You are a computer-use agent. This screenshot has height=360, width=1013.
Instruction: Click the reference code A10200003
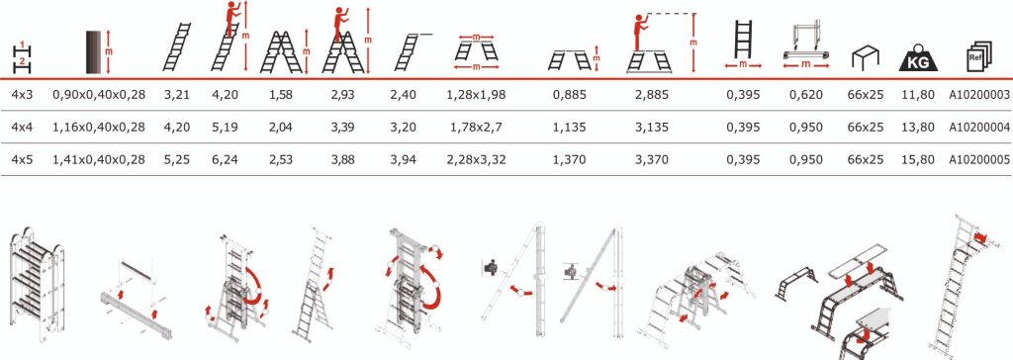979,95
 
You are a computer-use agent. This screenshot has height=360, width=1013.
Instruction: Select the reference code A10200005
979,159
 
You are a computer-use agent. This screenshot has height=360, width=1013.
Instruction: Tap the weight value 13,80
918,128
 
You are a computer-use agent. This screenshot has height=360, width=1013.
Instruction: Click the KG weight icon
918,58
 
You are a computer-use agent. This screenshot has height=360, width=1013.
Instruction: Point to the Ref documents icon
979,57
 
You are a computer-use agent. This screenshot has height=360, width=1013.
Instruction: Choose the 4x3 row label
22,95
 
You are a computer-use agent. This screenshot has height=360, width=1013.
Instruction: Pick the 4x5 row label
22,159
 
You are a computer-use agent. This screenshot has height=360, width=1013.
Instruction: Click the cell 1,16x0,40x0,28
99,128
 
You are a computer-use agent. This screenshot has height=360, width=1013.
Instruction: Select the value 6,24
225,159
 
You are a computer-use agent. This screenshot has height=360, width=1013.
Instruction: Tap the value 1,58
280,95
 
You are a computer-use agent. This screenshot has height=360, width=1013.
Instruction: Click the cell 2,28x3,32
476,159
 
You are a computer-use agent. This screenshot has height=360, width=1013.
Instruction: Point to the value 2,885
652,95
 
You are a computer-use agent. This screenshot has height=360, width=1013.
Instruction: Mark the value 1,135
570,128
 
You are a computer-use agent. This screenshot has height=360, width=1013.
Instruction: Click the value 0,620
806,95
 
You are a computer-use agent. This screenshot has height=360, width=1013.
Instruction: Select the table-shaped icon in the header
866,58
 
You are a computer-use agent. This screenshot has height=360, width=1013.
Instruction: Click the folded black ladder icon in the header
96,51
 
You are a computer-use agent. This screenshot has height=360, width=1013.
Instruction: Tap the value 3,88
342,159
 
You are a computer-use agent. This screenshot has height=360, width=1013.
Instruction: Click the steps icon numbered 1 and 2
22,56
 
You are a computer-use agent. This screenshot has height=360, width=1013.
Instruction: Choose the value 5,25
177,159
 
